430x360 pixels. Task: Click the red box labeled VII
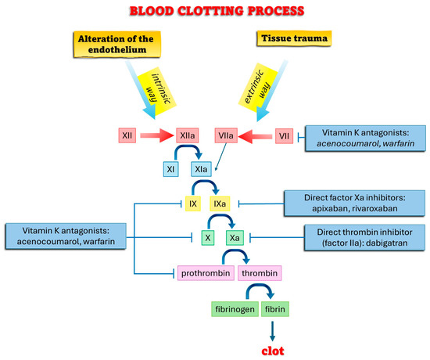point(285,136)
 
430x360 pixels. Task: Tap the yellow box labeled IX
point(192,203)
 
